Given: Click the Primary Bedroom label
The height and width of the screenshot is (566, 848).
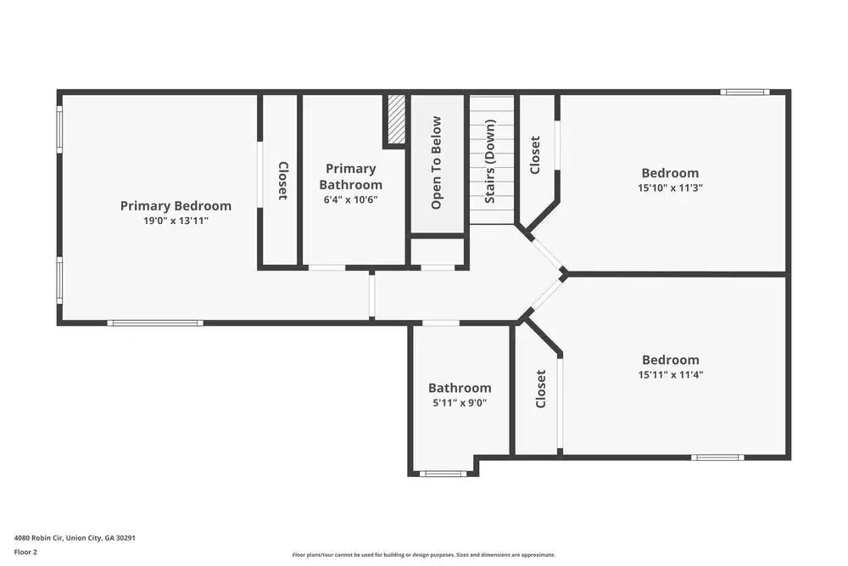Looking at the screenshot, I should (176, 205).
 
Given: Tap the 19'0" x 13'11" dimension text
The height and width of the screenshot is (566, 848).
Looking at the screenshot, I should (176, 221).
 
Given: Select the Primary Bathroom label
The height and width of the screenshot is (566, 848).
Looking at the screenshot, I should (350, 177).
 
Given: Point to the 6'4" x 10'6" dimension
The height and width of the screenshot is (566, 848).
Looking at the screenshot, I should (350, 199).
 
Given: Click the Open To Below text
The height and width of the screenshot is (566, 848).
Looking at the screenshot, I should (437, 163).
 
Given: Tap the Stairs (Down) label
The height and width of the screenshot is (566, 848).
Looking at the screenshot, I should (490, 161).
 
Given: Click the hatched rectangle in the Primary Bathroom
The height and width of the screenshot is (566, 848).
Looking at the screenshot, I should (396, 120).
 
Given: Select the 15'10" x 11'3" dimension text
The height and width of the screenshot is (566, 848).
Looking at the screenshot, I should (670, 188).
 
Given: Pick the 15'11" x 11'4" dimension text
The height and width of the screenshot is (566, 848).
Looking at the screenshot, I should (671, 374).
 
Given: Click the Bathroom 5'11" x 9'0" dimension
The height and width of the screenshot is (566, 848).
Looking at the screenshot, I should (460, 403).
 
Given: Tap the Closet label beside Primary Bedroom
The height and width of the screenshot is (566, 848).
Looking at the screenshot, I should (282, 181).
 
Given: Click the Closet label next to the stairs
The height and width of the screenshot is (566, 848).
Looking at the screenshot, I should (535, 155).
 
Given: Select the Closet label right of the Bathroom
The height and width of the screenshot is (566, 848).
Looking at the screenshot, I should (540, 389).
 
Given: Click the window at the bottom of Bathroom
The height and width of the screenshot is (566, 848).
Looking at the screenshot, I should (444, 474).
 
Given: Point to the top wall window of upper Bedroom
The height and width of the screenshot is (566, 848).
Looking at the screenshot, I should (745, 92).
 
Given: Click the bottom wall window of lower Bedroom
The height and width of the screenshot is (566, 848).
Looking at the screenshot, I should (717, 457).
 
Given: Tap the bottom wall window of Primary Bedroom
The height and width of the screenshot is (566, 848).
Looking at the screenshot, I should (155, 322).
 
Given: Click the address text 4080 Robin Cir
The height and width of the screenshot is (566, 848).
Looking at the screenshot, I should (75, 537).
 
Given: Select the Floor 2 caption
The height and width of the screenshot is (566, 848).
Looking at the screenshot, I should (25, 552).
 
